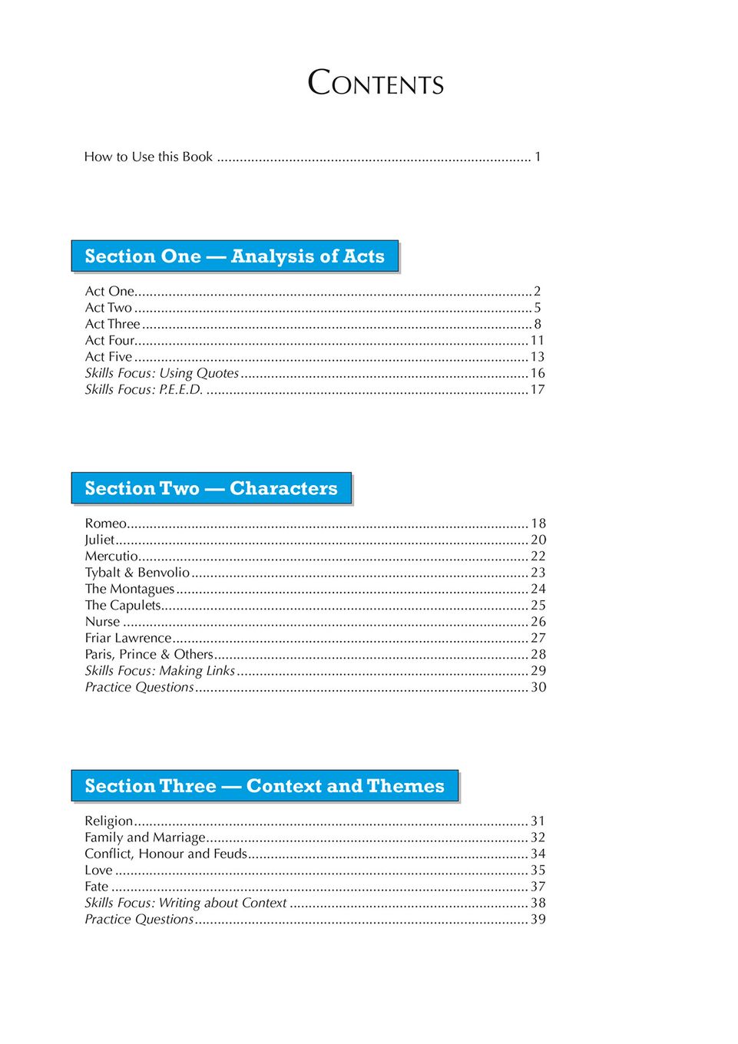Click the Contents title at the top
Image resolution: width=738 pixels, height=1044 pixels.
tap(376, 83)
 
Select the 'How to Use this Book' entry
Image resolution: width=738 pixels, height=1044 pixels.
tap(148, 157)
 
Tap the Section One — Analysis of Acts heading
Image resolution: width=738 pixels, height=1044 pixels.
tap(234, 256)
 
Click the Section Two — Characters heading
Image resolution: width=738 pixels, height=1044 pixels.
tap(211, 489)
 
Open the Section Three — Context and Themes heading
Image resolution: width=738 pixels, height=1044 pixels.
tap(264, 786)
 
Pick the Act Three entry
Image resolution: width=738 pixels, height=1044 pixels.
tap(112, 324)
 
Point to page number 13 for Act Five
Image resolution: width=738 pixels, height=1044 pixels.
tap(538, 357)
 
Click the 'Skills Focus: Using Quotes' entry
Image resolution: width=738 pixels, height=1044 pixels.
tap(162, 373)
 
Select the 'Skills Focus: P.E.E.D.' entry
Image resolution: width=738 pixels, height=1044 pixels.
tap(144, 390)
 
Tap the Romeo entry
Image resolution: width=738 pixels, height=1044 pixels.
tap(105, 524)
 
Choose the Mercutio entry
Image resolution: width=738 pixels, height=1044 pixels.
tap(111, 556)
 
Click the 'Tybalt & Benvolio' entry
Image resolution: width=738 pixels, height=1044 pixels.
tap(137, 573)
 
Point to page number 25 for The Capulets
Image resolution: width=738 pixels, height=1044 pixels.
tap(538, 605)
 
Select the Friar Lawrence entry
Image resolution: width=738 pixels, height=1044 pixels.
tap(128, 638)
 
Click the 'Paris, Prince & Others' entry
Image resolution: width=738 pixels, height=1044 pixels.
tap(149, 654)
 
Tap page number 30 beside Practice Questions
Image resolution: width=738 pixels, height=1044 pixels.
tap(538, 687)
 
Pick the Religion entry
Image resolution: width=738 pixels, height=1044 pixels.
tap(108, 821)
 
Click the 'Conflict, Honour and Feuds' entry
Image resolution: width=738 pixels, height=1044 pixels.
tap(166, 854)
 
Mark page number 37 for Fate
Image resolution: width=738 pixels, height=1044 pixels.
tap(538, 887)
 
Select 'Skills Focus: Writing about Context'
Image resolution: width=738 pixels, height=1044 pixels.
tap(185, 904)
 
